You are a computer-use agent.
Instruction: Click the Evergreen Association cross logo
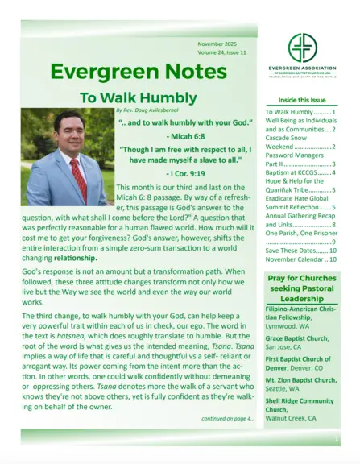click(x=302, y=48)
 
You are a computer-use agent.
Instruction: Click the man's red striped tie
click(x=78, y=179)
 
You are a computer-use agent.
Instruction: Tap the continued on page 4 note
click(x=228, y=418)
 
